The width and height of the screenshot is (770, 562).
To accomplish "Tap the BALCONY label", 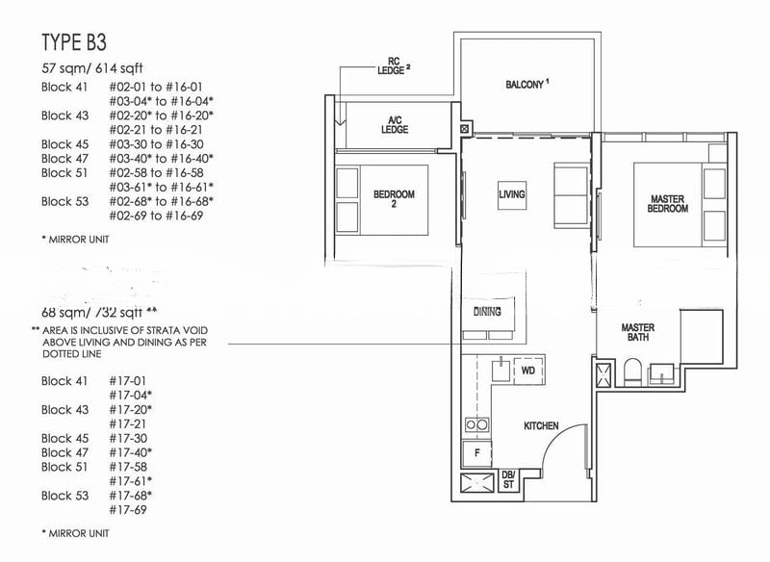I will tap(526, 85).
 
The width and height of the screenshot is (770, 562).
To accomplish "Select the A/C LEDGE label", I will tap(395, 123).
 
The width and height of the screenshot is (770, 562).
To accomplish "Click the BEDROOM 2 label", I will tap(394, 199).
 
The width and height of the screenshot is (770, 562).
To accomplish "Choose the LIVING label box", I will tap(512, 195).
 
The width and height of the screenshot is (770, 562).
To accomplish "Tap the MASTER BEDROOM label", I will tap(668, 204).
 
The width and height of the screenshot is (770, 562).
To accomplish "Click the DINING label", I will tap(487, 312).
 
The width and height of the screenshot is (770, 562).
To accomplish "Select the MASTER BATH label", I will tap(637, 332).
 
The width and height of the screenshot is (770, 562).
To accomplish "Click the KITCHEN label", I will tap(541, 425).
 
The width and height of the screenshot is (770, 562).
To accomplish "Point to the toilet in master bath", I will tap(633, 371).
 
